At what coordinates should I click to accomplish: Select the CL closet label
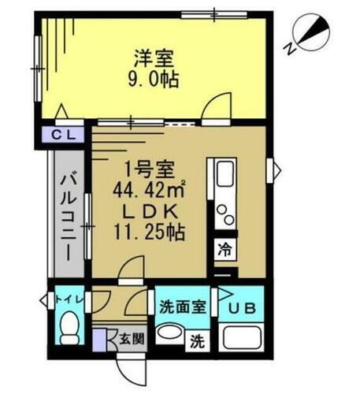[x=64, y=135]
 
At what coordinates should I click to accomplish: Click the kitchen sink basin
[x=223, y=176]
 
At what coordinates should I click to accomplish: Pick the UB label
[x=242, y=307]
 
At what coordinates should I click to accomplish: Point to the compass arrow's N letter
[x=291, y=47]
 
